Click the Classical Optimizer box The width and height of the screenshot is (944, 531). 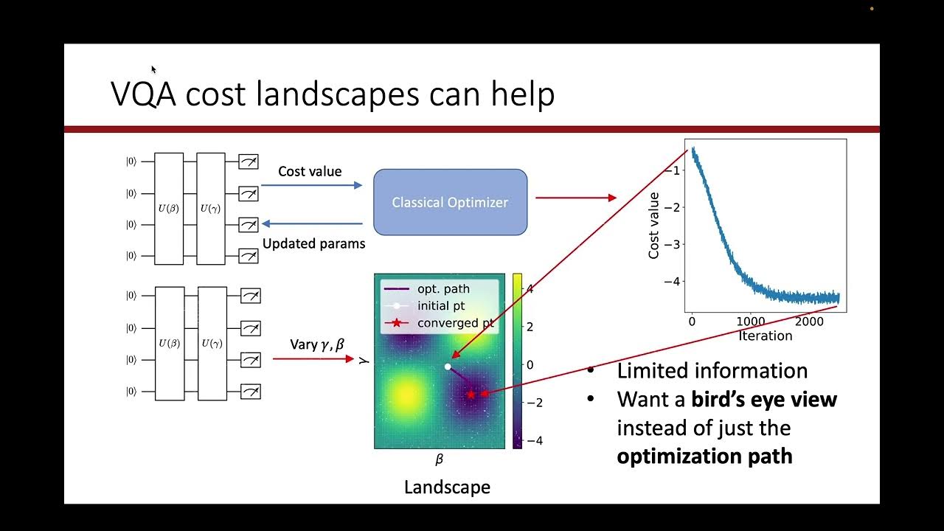(450, 202)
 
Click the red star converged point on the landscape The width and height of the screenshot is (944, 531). (471, 395)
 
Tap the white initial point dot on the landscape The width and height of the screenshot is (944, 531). (448, 367)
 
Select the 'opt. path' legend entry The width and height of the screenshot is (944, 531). (443, 288)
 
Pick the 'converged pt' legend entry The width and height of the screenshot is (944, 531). (456, 323)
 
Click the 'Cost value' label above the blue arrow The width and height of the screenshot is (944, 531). (310, 171)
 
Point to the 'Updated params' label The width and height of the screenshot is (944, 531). (313, 243)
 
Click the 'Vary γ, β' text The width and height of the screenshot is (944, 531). (318, 343)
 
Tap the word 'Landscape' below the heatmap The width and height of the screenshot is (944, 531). (447, 487)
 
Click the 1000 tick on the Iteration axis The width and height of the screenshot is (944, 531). (750, 322)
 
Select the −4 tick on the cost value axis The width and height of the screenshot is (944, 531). (676, 281)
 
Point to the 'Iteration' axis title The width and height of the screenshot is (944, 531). (765, 336)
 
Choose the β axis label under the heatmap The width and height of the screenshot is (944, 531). (439, 459)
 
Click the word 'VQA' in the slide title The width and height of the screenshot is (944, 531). (143, 94)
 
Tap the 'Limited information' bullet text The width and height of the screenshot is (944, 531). (712, 370)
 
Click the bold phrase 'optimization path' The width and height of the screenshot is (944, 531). (704, 456)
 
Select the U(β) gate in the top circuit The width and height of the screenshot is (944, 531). (169, 208)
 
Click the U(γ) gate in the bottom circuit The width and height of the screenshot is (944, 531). (212, 343)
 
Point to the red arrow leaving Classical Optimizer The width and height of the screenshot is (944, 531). (575, 198)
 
